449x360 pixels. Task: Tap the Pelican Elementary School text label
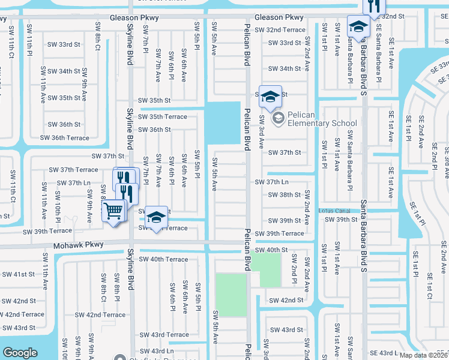point(322,123)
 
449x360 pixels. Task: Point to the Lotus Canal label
point(334,211)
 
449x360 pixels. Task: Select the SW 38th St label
point(285,195)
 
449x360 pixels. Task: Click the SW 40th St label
point(272,250)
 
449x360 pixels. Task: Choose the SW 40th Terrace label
point(163,259)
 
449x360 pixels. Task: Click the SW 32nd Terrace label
point(280,30)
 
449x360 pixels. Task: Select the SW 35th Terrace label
point(163,116)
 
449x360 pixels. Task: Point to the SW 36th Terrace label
point(65,137)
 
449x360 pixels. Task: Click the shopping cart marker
point(113,211)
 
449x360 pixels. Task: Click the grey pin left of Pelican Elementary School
point(278,118)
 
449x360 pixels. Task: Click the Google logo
point(20,353)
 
